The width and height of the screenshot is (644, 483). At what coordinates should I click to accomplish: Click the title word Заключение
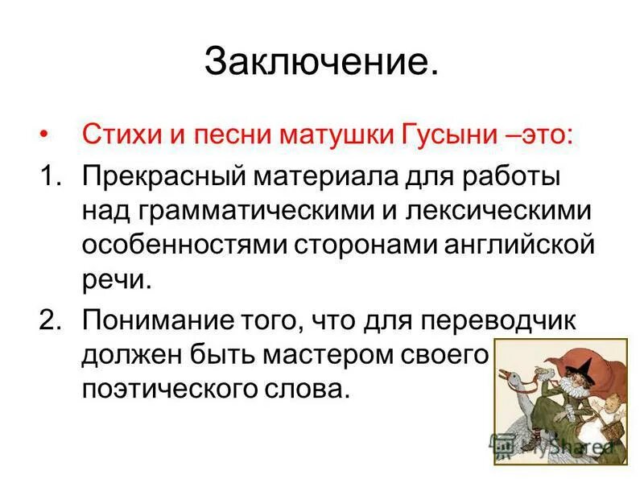[322, 62]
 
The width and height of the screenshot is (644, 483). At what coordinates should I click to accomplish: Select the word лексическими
[500, 210]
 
